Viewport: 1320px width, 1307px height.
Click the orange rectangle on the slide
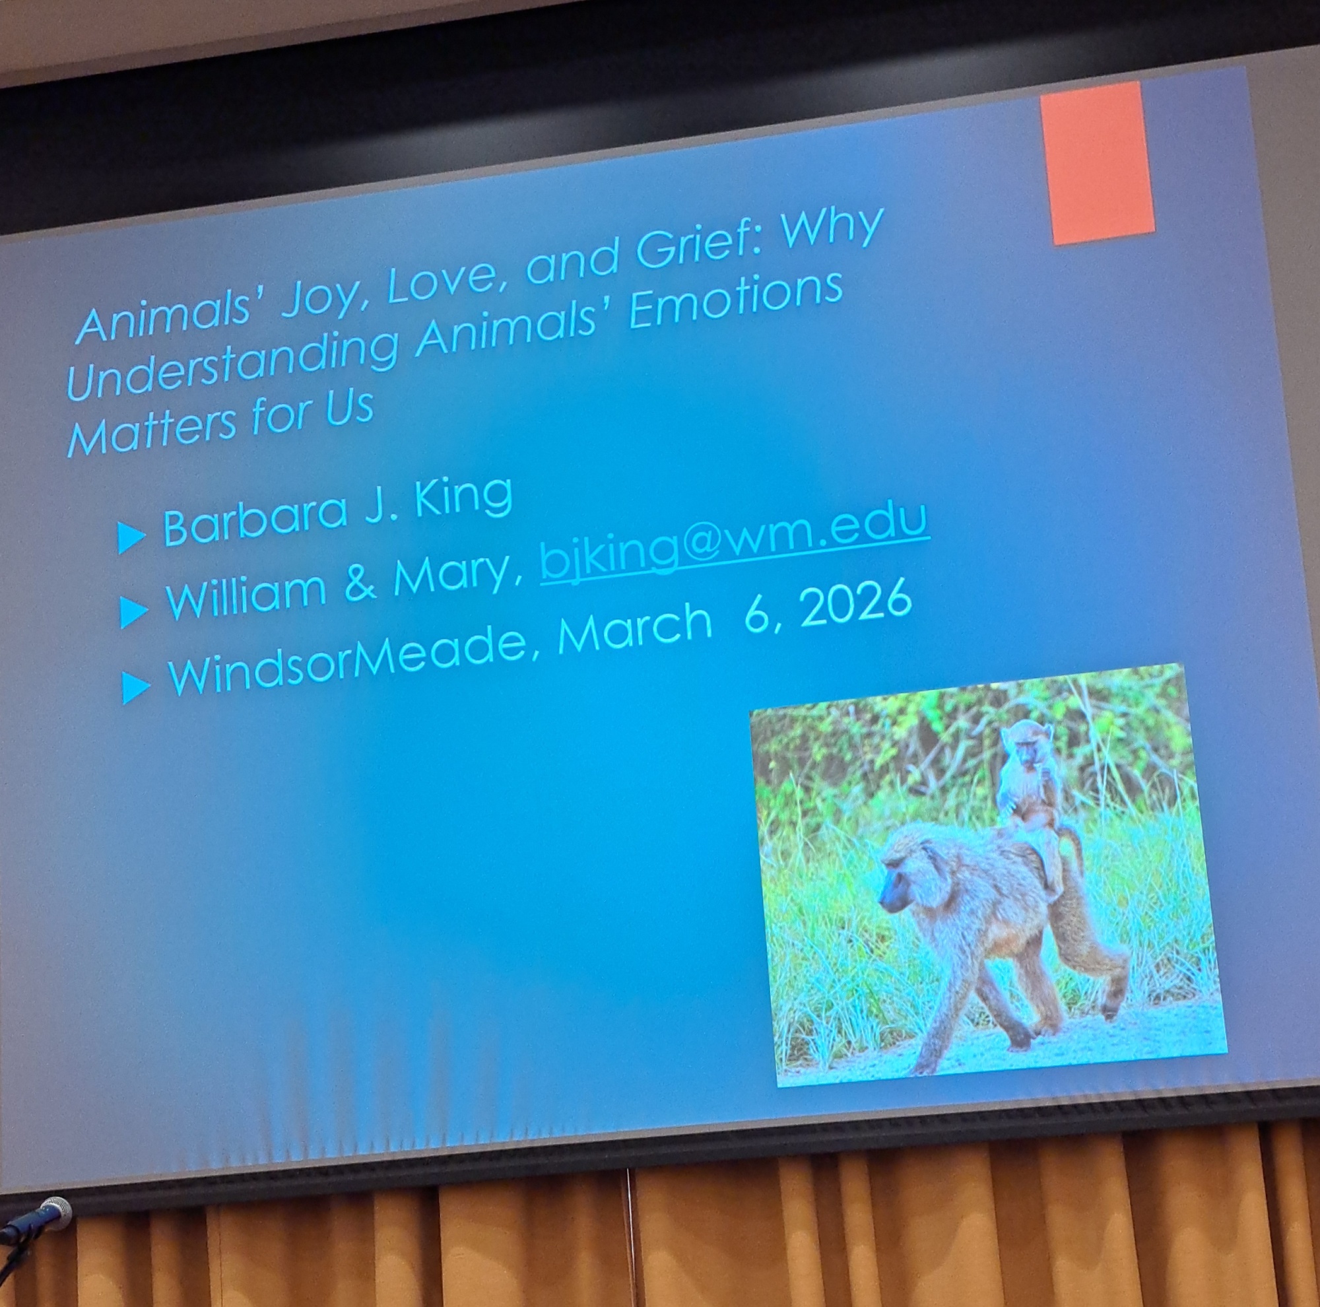(x=1098, y=162)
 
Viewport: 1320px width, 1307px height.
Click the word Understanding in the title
(x=232, y=359)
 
